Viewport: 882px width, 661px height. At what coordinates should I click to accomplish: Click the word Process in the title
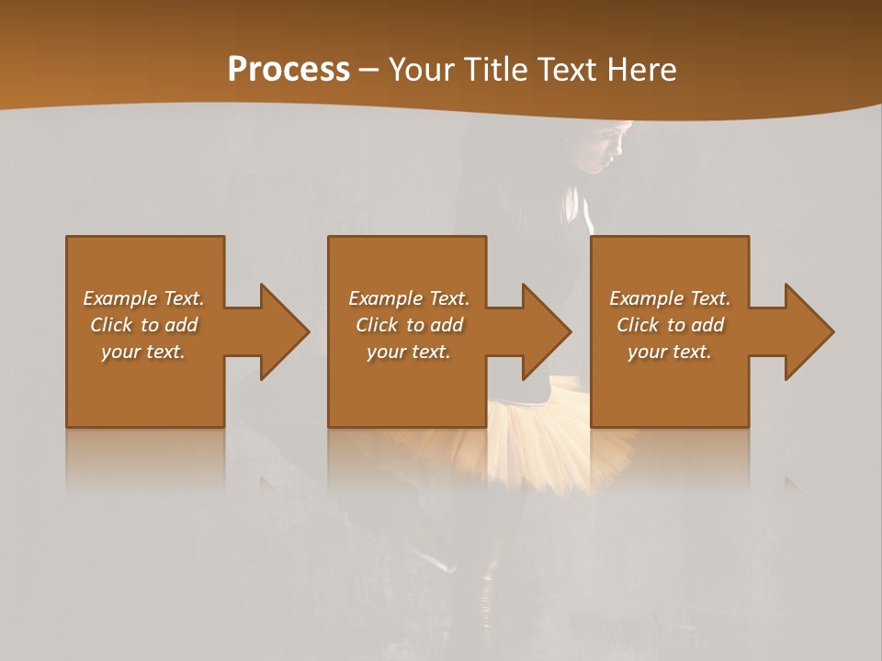click(288, 70)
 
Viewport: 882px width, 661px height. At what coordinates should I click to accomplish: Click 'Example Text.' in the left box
click(143, 298)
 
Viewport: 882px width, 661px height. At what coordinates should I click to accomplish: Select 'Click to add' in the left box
click(143, 325)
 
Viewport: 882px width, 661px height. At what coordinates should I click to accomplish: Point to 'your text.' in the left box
click(143, 352)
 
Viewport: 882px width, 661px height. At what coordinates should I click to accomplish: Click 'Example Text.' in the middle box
click(408, 298)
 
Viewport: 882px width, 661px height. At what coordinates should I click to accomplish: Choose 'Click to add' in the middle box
click(408, 325)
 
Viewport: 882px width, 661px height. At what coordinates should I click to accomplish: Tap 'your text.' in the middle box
click(408, 352)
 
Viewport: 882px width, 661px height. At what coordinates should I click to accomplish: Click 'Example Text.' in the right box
click(670, 298)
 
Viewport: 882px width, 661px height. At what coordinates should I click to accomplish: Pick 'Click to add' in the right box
click(670, 325)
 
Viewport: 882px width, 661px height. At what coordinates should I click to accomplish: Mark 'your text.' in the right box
click(670, 352)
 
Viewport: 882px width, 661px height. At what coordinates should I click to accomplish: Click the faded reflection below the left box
click(145, 459)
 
